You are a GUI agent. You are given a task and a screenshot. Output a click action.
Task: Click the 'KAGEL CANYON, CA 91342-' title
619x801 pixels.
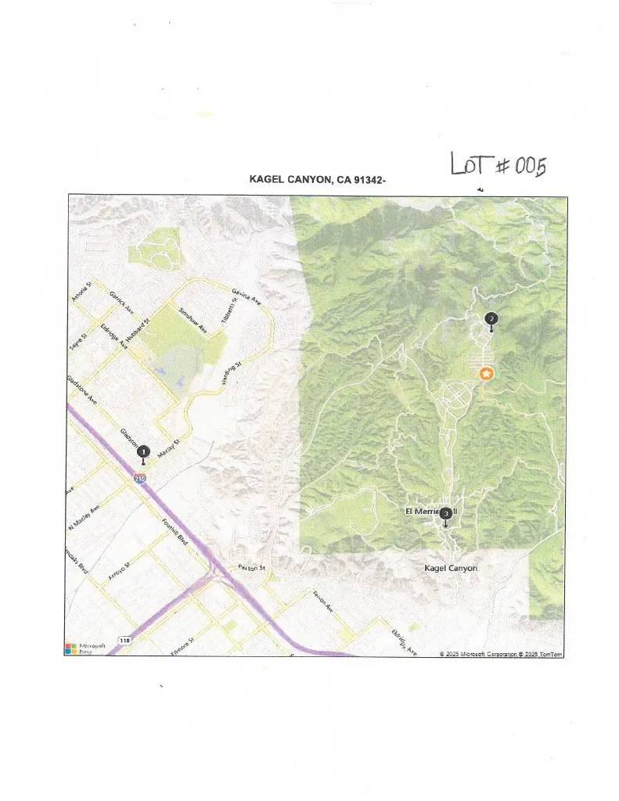click(x=317, y=180)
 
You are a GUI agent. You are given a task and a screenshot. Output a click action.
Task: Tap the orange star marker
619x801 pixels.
click(x=486, y=374)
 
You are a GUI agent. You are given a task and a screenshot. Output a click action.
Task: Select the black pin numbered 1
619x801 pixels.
click(x=143, y=451)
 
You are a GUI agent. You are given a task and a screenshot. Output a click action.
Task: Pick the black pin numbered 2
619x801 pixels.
click(x=491, y=318)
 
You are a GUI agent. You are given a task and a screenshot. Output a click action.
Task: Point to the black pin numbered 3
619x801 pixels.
click(x=445, y=514)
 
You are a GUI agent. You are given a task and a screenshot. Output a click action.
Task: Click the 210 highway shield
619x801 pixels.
click(x=139, y=479)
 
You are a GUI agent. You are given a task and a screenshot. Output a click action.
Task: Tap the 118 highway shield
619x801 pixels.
click(x=124, y=641)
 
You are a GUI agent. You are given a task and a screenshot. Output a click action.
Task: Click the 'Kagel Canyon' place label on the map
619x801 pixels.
click(x=450, y=568)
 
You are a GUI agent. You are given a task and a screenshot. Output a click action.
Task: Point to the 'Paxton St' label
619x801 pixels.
click(x=254, y=567)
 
